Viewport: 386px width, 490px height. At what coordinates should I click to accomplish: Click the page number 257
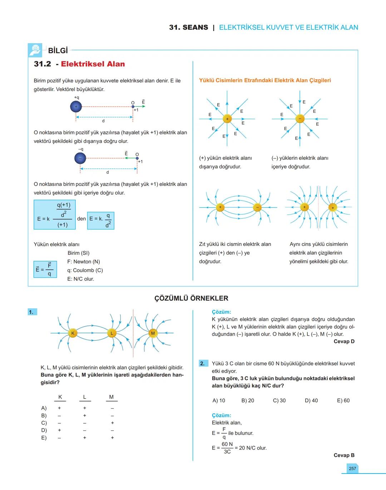point(352,468)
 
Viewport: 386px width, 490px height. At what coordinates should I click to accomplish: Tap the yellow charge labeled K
point(73,333)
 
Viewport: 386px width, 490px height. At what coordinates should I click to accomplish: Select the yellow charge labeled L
point(112,333)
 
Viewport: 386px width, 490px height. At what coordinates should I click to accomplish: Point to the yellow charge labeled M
point(153,333)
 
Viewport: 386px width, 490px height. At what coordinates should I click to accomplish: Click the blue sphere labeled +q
point(76,106)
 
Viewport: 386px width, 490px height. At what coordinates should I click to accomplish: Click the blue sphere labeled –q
point(80,158)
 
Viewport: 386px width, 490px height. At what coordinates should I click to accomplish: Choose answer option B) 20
point(248,400)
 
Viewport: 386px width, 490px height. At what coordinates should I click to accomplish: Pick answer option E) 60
point(343,400)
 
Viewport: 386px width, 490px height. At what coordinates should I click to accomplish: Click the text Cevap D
point(344,341)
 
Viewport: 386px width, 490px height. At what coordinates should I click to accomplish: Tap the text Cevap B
point(344,455)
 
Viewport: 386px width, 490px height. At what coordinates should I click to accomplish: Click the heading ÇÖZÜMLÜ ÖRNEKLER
point(191,298)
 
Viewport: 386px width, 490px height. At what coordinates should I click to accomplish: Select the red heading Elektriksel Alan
point(93,64)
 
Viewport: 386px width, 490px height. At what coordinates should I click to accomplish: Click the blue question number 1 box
point(32,312)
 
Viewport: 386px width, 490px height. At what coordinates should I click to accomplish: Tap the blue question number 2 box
point(203,363)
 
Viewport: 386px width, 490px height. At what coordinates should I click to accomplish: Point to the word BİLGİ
point(58,51)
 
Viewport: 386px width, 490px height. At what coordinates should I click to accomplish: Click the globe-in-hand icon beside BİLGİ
point(35,50)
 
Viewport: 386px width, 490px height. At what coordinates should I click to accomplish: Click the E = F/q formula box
point(45,269)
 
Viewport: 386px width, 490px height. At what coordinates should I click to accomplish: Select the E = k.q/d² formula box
point(101,220)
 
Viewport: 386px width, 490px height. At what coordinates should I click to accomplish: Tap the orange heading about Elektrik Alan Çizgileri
point(265,80)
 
